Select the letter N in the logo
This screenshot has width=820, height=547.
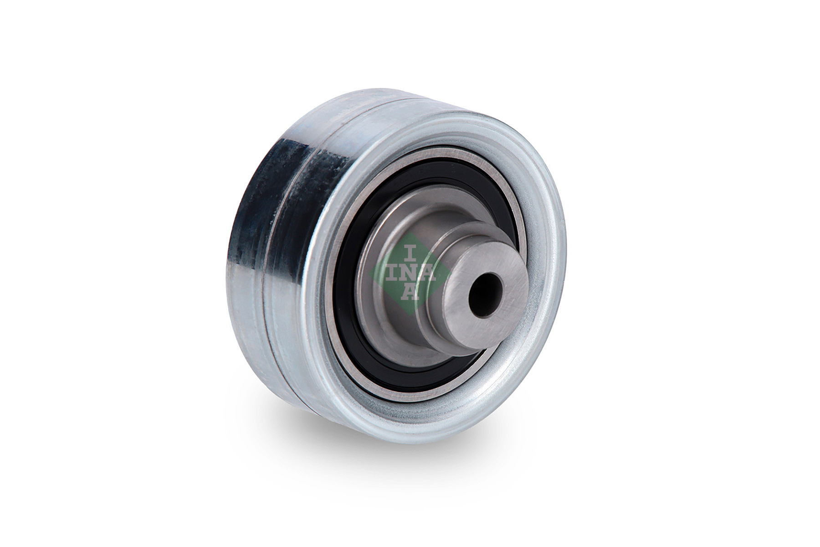(410, 273)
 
